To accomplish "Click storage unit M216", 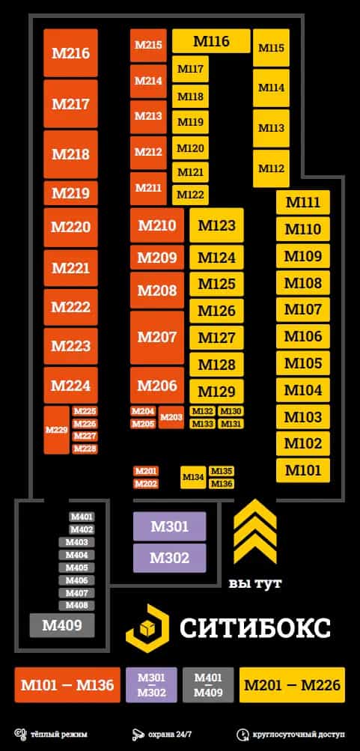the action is point(71,52).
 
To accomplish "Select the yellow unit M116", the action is point(211,41).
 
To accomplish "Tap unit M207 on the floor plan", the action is point(157,337).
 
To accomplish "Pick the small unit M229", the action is point(56,430).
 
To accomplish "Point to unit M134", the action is point(193,477).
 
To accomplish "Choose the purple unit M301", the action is point(169,526).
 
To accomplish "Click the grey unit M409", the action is point(62,625).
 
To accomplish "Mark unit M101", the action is point(303,470).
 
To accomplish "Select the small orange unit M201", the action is point(145,471).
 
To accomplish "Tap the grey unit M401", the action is point(82,517).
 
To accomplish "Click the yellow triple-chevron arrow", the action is point(255,531).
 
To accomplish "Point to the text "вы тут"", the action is point(255,583).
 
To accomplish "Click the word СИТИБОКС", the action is point(254,627).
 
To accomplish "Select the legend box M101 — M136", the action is point(67,685).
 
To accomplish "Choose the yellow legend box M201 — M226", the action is point(292,685).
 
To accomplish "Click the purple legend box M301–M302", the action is point(151,685).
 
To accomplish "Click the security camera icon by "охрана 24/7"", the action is point(138,734).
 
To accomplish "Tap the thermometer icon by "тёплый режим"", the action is point(19,734).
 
